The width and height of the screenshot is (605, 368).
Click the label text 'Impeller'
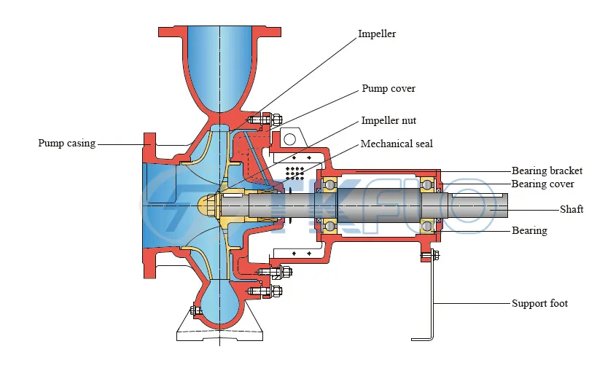coord(377,34)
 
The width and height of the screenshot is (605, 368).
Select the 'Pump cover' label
coord(389,88)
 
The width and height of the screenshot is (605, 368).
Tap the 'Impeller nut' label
coord(389,120)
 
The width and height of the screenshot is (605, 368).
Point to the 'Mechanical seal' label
coord(397,144)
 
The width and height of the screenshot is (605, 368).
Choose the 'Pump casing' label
coord(66,143)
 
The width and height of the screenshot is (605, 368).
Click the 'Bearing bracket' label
coord(547,171)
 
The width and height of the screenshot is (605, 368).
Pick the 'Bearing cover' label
coord(542,184)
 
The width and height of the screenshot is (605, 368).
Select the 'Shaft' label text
coord(571,209)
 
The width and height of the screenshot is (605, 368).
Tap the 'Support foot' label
coord(539,303)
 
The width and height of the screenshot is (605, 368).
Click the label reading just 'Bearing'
coord(529,230)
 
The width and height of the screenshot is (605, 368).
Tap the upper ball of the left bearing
coord(329,186)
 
